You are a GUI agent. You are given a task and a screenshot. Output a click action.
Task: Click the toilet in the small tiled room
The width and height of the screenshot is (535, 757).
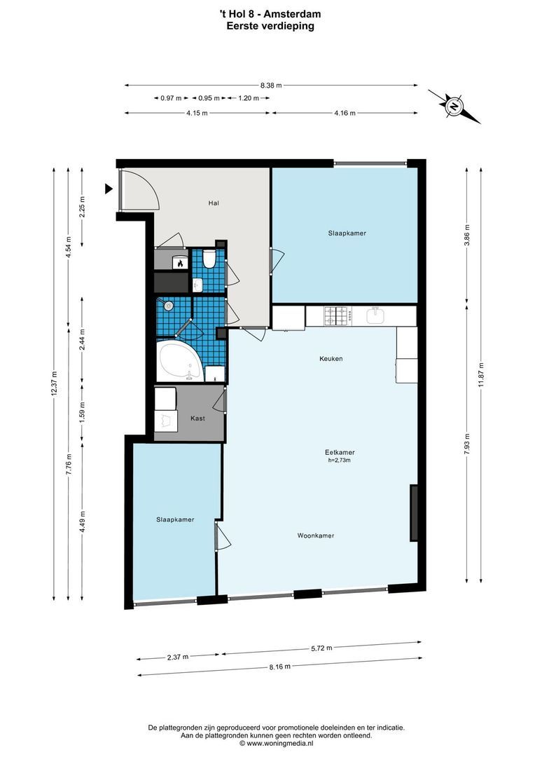(209, 261)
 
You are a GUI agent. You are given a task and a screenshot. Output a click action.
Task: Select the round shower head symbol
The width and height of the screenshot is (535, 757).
(168, 306)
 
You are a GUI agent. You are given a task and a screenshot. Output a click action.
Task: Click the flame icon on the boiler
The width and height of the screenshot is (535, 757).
(179, 264)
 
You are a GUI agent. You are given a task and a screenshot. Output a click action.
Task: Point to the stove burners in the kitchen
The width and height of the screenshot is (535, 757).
(335, 316)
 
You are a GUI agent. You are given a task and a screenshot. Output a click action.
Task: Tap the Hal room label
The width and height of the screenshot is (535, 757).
(214, 203)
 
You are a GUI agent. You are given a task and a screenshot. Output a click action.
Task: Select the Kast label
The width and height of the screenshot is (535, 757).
(198, 418)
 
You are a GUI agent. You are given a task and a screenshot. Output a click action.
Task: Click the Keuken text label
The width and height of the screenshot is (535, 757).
(331, 358)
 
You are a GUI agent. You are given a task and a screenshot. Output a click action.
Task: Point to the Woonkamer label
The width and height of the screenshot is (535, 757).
(315, 536)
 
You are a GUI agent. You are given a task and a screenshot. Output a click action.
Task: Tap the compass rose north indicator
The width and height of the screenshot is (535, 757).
(454, 107)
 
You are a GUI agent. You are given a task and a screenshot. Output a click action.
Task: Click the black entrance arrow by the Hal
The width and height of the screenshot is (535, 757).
(109, 189)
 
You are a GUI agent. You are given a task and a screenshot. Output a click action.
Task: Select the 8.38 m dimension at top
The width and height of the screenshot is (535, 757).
(270, 86)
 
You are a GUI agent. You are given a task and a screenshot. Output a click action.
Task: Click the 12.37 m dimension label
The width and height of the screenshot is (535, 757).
(54, 382)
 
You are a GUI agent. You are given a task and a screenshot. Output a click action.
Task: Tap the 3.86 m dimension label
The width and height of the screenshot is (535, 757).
(467, 233)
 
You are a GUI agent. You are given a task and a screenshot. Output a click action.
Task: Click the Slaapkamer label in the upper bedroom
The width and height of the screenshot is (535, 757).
(347, 233)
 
